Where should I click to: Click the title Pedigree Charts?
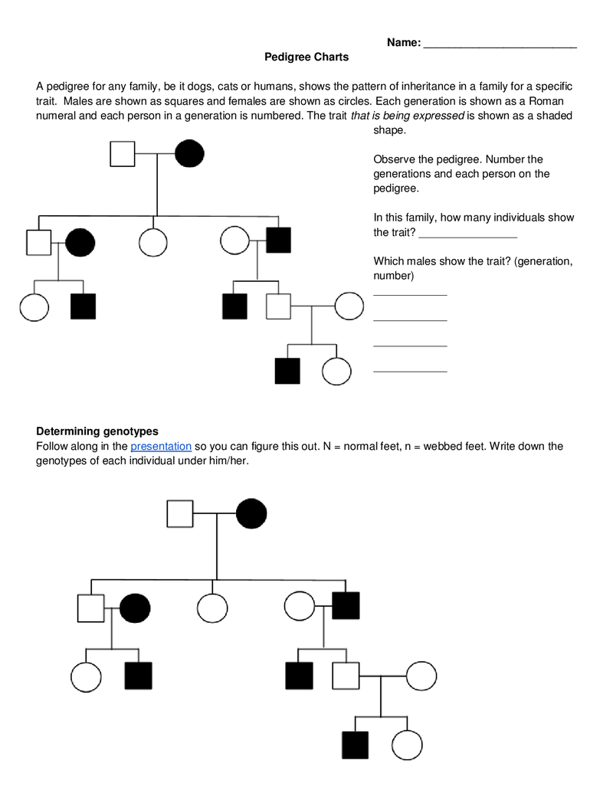(306, 57)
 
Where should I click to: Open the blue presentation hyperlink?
(161, 446)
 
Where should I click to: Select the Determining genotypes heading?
(97, 431)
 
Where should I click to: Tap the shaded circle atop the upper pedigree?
(189, 154)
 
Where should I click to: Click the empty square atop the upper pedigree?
(123, 154)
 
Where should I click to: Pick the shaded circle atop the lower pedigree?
(251, 513)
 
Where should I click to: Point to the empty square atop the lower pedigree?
(180, 513)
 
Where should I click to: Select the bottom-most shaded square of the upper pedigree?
(287, 371)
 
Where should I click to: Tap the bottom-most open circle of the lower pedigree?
(407, 744)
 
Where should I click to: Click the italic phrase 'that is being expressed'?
(407, 116)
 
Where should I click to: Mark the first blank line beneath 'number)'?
(410, 293)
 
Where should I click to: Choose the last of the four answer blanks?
(410, 370)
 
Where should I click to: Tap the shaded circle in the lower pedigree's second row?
(136, 608)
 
